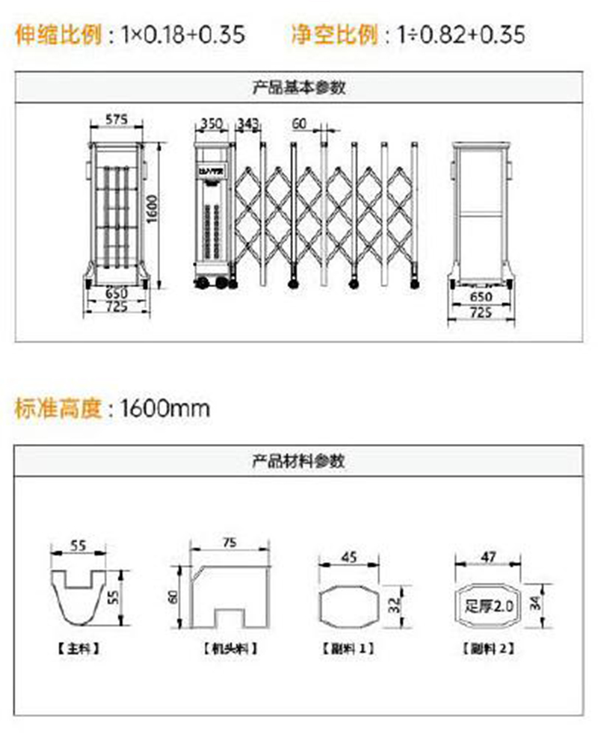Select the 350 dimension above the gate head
click(211, 123)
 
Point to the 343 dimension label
click(247, 123)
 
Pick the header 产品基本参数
click(299, 87)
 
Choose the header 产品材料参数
click(299, 460)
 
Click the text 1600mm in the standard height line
click(165, 408)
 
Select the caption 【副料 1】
click(348, 649)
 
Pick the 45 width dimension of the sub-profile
click(348, 557)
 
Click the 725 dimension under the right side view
click(482, 313)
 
